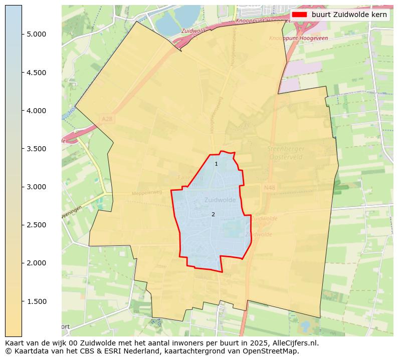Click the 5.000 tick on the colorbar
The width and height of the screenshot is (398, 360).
36,34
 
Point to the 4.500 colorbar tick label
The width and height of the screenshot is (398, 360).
36,73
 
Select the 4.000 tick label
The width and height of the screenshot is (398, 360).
36,111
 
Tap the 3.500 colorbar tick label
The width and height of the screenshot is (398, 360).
36,149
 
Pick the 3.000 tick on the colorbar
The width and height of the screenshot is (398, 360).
36,187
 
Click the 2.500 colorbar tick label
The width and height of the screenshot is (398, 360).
36,225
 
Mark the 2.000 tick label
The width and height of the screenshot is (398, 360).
36,263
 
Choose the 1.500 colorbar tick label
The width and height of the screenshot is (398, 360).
36,301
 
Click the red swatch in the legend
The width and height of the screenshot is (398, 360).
300,15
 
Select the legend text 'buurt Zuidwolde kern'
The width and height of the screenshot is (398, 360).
349,15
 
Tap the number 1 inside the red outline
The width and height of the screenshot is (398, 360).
216,164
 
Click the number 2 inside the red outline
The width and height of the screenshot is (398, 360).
213,215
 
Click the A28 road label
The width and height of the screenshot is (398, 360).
107,119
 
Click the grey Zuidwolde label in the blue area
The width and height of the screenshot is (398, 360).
220,200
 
